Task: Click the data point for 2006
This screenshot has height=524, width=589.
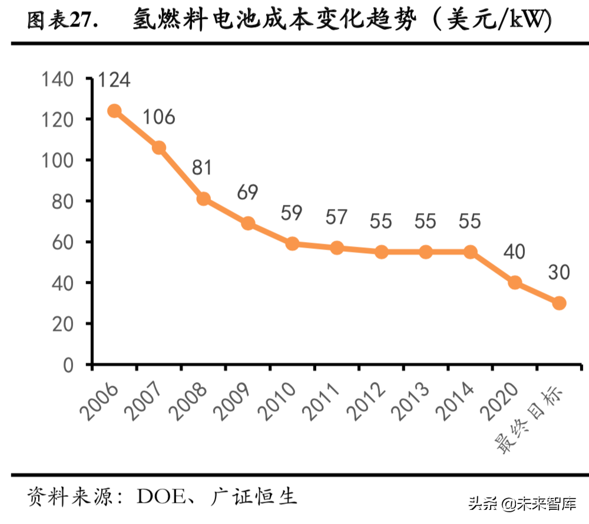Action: [114, 111]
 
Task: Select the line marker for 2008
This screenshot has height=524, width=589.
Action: [203, 199]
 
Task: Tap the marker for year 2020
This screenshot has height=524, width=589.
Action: [515, 283]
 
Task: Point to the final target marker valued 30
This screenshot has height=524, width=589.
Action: [559, 303]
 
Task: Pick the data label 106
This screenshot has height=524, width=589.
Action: [158, 117]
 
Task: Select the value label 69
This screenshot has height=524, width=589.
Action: [247, 193]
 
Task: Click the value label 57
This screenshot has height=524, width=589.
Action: [336, 218]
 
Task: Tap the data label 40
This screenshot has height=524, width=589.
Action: [514, 253]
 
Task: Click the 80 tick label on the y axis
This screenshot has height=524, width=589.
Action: [62, 201]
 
